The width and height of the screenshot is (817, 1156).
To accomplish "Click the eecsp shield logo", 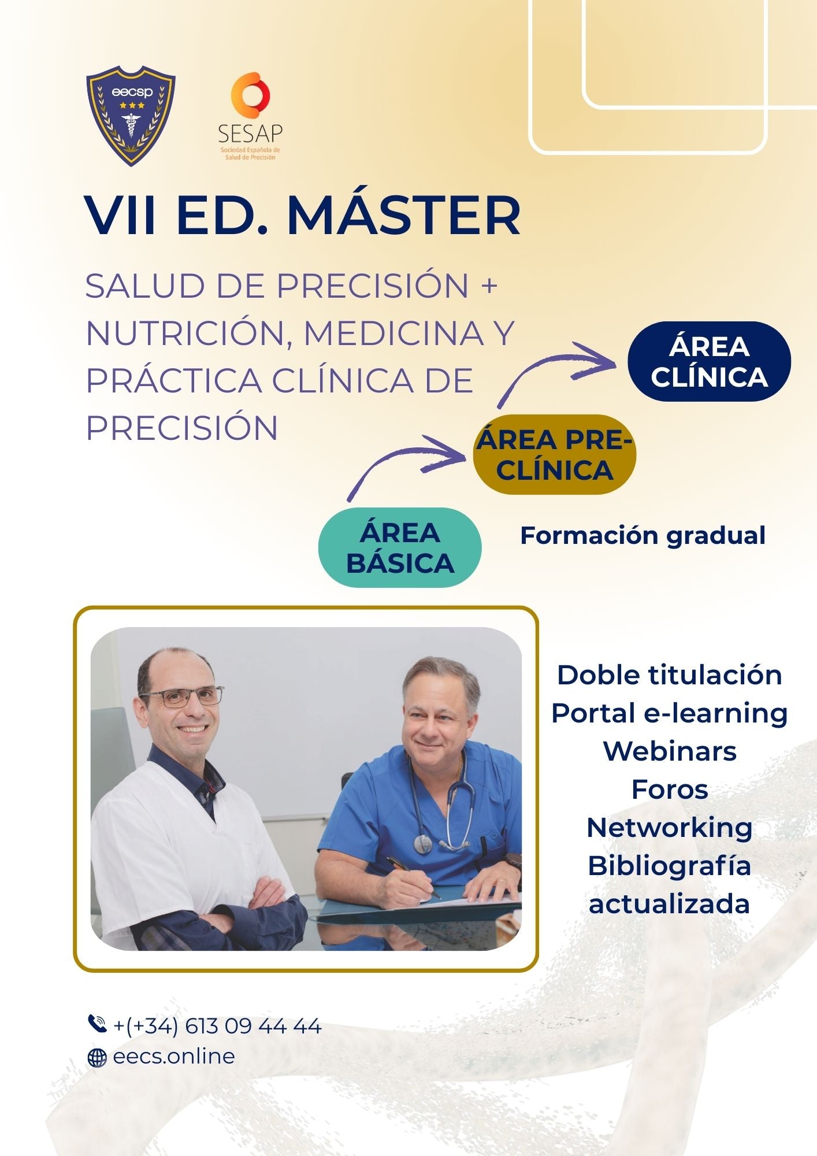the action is click(x=131, y=115).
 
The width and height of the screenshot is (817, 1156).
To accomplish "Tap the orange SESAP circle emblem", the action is click(x=250, y=95).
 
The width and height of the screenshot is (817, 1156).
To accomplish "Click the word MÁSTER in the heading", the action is click(x=404, y=214).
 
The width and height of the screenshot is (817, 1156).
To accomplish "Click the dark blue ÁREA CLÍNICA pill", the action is click(x=709, y=361).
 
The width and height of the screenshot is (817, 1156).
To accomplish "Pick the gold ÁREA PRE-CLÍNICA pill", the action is click(x=554, y=454).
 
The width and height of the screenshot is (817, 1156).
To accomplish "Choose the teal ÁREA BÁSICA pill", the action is click(x=400, y=547).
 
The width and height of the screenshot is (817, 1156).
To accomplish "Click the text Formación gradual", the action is click(x=643, y=536).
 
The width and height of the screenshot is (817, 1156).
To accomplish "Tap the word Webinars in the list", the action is click(x=670, y=751).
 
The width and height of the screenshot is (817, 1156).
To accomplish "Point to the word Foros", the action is click(x=670, y=790).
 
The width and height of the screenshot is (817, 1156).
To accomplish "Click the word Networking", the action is click(x=670, y=828).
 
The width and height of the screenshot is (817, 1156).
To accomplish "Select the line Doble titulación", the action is click(x=670, y=675).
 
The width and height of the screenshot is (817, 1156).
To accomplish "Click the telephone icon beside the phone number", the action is click(x=97, y=1024).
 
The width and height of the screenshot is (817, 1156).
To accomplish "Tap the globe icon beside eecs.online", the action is click(x=97, y=1058).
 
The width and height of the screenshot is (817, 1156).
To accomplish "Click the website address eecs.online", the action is click(x=174, y=1056).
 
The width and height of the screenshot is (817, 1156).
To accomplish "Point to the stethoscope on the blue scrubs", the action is click(x=443, y=803).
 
